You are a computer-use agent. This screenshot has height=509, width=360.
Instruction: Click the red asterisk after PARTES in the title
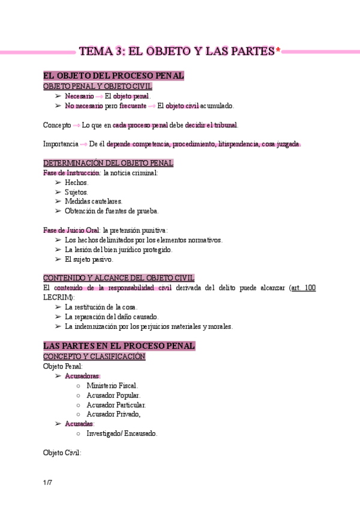pyautogui.click(x=278, y=52)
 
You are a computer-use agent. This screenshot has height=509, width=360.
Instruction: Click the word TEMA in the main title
pyautogui.click(x=97, y=52)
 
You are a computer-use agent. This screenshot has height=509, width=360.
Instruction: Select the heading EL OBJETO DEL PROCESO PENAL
pyautogui.click(x=113, y=76)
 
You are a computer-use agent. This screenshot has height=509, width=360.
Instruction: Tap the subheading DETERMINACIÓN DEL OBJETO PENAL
pyautogui.click(x=108, y=163)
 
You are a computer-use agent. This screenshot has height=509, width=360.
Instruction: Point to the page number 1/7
pyautogui.click(x=47, y=483)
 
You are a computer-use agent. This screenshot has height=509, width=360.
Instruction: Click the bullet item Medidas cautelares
pyautogui.click(x=93, y=201)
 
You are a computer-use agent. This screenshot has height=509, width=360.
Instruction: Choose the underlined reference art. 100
pyautogui.click(x=302, y=288)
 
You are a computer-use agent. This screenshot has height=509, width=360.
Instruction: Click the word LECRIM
pyautogui.click(x=58, y=297)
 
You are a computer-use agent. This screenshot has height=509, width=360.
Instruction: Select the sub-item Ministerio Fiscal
pyautogui.click(x=112, y=385)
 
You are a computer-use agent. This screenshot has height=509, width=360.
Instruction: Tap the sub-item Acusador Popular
pyautogui.click(x=113, y=395)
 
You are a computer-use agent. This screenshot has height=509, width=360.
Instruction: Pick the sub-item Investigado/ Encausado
pyautogui.click(x=122, y=433)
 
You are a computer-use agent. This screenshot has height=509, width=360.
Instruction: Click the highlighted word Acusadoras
pyautogui.click(x=82, y=376)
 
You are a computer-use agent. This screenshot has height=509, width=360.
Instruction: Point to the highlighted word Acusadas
pyautogui.click(x=79, y=423)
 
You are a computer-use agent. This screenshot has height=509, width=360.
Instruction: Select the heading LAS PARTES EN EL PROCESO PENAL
pyautogui.click(x=119, y=346)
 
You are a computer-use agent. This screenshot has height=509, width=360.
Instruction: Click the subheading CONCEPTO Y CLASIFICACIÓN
pyautogui.click(x=94, y=356)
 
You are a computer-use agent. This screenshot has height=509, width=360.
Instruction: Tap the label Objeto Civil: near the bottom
pyautogui.click(x=62, y=453)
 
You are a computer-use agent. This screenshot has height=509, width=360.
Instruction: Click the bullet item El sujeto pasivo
pyautogui.click(x=89, y=259)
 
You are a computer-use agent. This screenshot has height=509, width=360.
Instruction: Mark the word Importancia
pyautogui.click(x=61, y=144)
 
